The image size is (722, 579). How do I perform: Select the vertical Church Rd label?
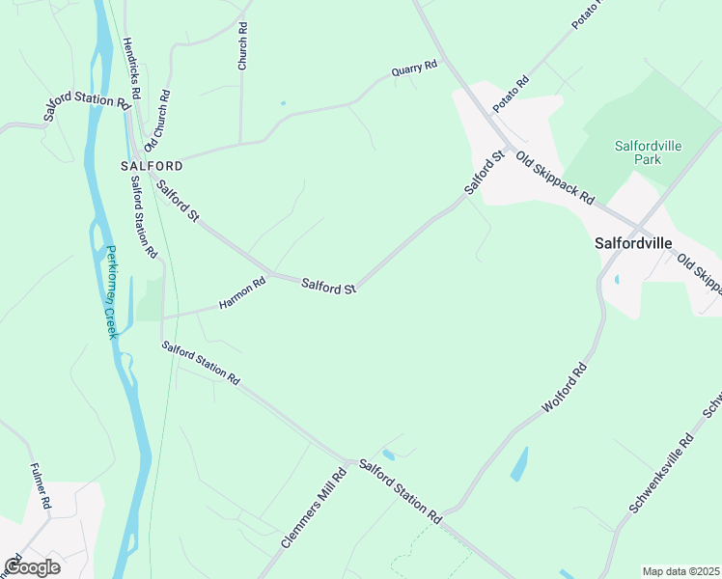pos(243,46)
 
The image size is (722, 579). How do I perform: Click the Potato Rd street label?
pos(512,94)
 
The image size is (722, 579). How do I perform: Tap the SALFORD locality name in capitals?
pos(152,166)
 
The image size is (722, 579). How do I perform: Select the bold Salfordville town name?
pos(632,244)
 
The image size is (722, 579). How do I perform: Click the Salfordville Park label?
pos(649,152)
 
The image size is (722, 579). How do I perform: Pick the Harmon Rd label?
pos(241,293)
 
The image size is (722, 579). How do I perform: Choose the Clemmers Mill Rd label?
pos(314,509)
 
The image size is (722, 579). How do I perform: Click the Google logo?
pos(32,567)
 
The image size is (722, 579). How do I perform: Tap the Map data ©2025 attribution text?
pos(680,571)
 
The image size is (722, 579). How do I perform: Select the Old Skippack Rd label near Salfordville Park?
pos(554,178)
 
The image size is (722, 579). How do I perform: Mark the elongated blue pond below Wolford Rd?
pos(518,464)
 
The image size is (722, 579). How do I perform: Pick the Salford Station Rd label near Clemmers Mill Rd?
pos(400,491)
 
